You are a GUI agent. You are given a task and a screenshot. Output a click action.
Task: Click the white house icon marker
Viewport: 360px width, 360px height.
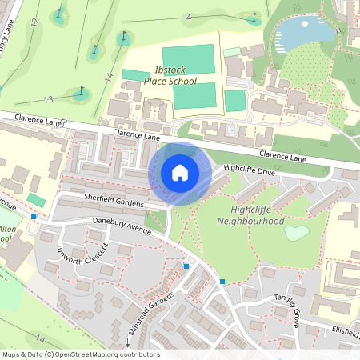180,172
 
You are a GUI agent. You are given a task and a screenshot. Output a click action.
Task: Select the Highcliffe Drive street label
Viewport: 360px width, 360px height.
249,170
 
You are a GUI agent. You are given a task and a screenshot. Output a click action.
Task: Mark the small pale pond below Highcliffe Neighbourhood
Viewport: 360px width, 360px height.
296,233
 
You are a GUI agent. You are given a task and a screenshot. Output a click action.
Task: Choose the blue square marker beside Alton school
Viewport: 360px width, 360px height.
34,217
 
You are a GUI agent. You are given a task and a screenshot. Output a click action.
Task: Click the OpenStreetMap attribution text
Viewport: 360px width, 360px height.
80,354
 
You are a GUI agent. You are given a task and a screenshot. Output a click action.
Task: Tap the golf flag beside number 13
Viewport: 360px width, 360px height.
80,93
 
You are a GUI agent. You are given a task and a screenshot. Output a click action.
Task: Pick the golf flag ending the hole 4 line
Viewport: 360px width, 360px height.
255,16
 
